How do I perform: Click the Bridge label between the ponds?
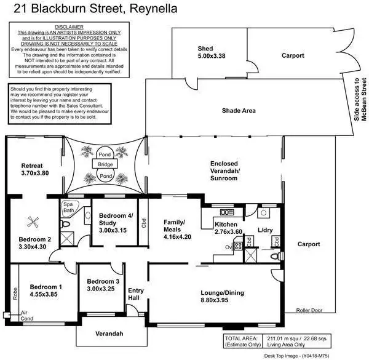coord(105,165)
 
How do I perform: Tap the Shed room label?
coord(205,49)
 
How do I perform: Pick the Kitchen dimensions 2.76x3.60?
coord(228,234)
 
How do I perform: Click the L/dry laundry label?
coord(266,230)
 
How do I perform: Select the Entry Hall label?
coord(135,294)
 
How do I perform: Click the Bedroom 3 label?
coord(100,281)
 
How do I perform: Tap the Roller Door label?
coord(309,311)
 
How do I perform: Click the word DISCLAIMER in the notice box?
coord(69,27)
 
